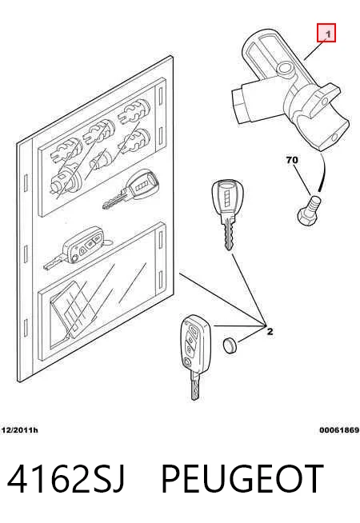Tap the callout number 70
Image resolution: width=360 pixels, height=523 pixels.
click(x=292, y=160)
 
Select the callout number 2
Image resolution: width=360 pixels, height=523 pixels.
click(x=270, y=332)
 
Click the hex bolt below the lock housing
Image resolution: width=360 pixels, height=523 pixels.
click(x=309, y=211)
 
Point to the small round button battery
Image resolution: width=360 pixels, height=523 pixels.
click(x=230, y=345)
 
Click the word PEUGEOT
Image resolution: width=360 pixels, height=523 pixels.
click(x=242, y=479)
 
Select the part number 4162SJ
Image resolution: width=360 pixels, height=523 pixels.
click(x=66, y=479)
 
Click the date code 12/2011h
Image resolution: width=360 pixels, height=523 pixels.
click(x=19, y=430)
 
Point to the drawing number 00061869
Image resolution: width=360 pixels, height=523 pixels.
click(x=339, y=430)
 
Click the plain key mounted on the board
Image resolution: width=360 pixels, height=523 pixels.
click(x=130, y=190)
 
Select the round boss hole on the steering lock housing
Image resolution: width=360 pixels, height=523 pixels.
click(x=286, y=69)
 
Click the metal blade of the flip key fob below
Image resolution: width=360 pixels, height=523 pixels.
click(x=195, y=385)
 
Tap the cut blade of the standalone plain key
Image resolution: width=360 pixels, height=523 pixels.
click(x=229, y=234)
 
